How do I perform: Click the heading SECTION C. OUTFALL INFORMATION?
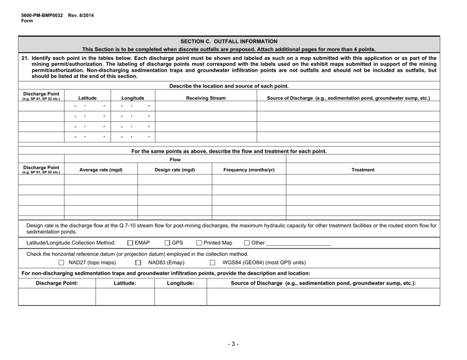coord(229,41)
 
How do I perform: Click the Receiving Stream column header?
coord(206,98)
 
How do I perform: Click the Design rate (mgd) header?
coord(175,169)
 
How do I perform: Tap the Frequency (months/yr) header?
coord(248,169)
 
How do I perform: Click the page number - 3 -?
coord(233,343)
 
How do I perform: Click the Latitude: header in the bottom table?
coord(125,283)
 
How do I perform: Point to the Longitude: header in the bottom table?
coord(180,283)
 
